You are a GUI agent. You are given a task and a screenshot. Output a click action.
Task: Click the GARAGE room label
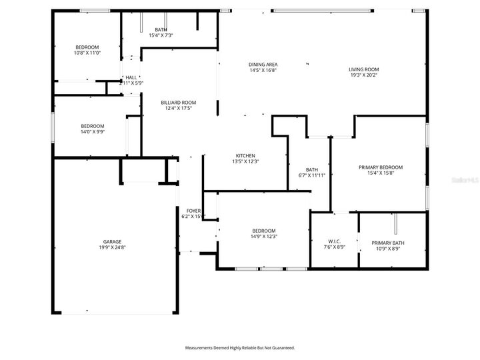(x=112, y=242)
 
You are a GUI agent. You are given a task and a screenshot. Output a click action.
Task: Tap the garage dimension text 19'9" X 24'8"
(x=112, y=248)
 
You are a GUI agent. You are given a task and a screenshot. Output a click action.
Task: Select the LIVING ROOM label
(x=363, y=69)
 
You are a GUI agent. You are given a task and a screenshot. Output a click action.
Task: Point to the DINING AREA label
(x=263, y=64)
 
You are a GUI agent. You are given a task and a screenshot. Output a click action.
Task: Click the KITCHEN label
(x=245, y=155)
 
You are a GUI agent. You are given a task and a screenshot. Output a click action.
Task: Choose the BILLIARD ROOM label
(x=178, y=102)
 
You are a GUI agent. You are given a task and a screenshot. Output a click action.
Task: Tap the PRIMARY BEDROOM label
(x=381, y=167)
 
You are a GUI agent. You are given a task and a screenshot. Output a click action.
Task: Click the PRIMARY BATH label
(x=387, y=243)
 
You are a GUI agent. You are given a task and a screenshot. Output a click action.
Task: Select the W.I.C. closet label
(x=335, y=241)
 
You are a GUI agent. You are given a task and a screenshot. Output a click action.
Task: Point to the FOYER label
(x=193, y=211)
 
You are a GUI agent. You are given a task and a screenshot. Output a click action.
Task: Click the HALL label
(x=131, y=78)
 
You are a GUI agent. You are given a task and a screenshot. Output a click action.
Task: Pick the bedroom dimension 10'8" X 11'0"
(x=87, y=53)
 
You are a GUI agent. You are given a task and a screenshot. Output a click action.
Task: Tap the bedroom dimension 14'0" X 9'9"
(x=93, y=132)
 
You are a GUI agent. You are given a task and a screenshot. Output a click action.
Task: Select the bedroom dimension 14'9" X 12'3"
(x=264, y=236)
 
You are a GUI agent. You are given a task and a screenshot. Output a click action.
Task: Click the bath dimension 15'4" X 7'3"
(x=161, y=35)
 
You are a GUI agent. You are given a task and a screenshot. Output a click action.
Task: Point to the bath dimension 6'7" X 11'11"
(x=311, y=175)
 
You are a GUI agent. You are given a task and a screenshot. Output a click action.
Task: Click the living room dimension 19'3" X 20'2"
(x=363, y=75)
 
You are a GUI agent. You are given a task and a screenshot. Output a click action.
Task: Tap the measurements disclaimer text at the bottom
(x=239, y=348)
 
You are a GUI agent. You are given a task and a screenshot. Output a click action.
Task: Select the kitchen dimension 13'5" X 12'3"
(x=245, y=161)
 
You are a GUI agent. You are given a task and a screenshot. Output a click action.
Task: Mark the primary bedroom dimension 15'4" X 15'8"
(x=381, y=173)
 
